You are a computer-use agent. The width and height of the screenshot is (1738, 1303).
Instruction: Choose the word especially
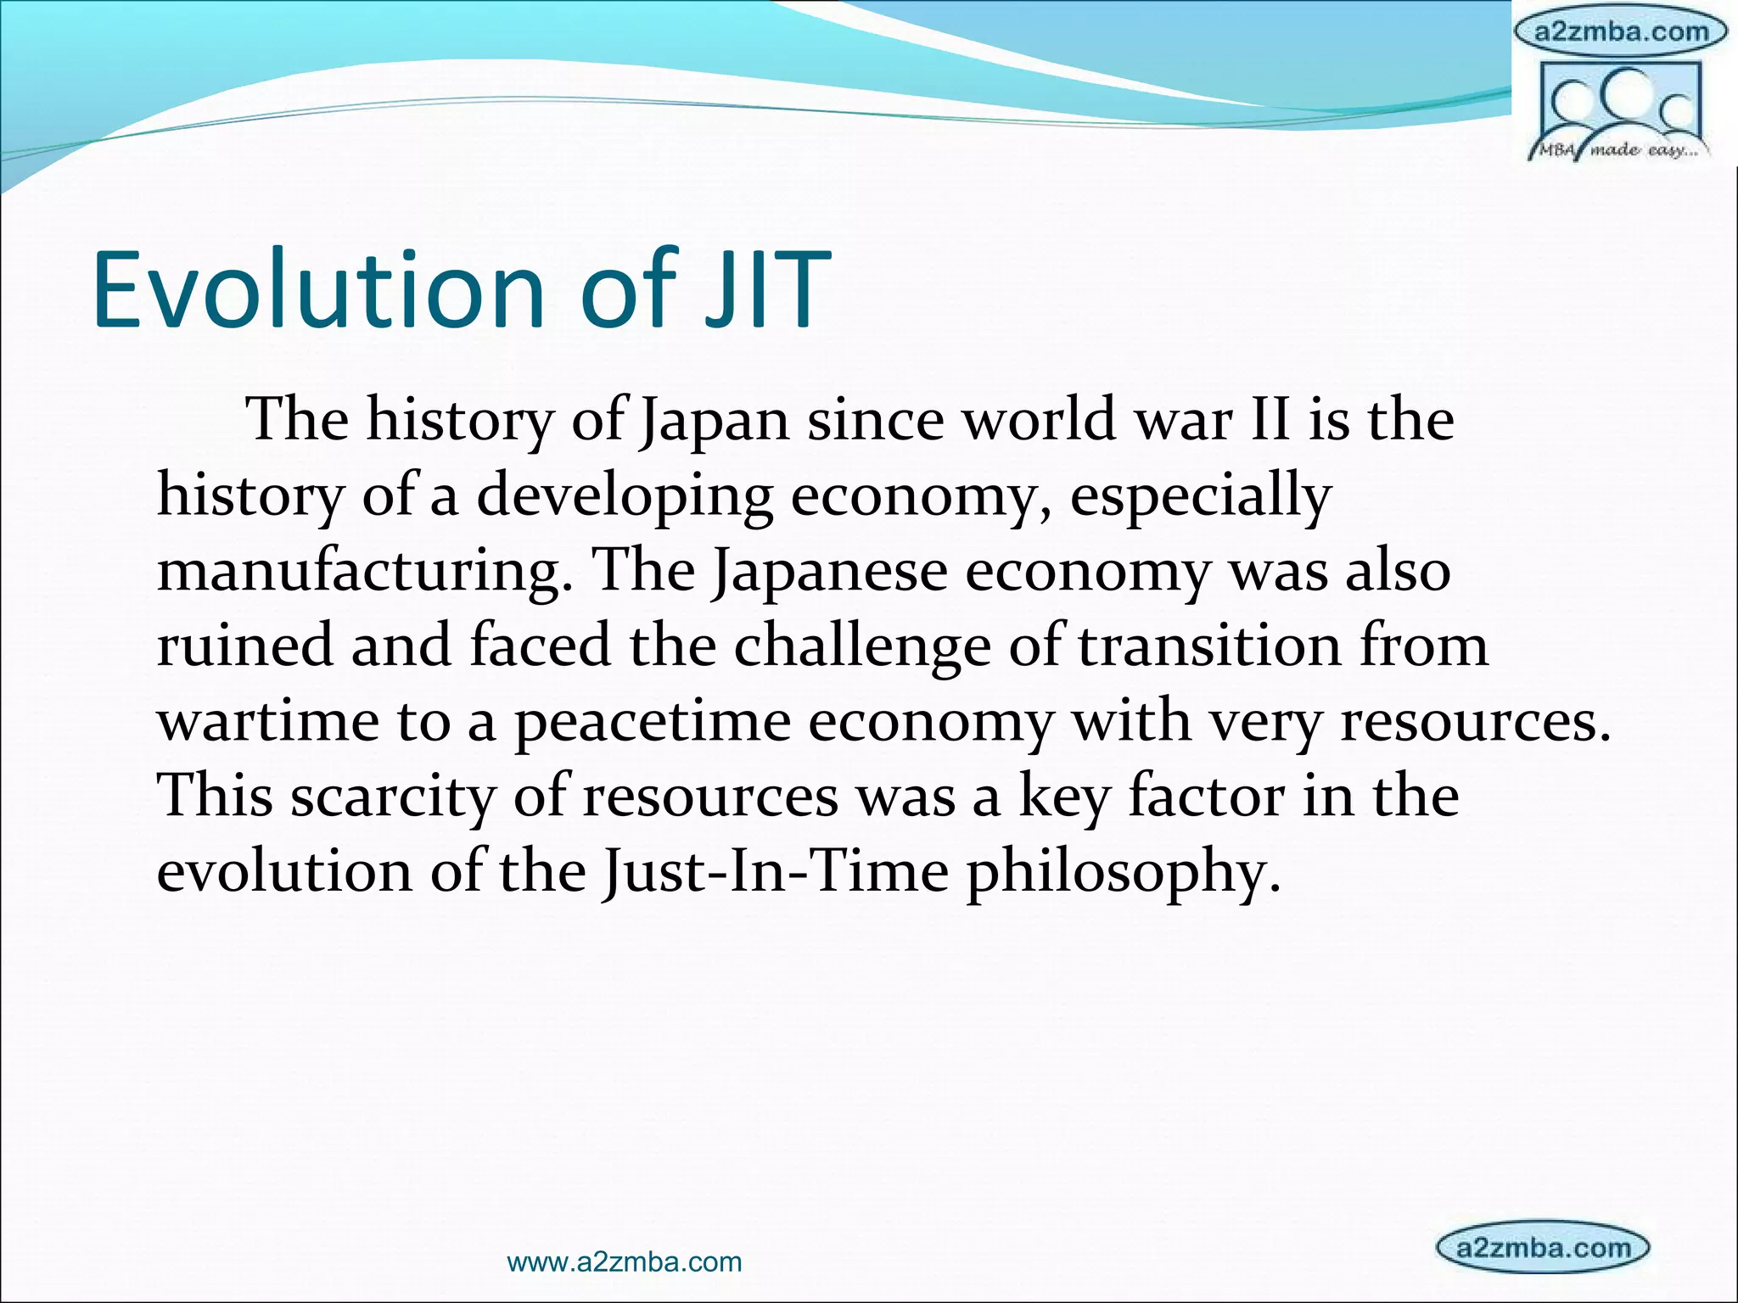1200,496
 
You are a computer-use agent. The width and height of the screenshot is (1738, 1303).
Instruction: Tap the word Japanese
829,571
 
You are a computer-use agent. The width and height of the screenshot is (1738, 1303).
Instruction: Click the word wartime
267,721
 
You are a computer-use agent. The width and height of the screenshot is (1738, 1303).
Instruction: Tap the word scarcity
393,796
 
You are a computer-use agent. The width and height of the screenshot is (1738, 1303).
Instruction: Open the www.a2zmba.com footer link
624,1262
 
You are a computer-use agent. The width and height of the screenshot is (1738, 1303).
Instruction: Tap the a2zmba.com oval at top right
1622,32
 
